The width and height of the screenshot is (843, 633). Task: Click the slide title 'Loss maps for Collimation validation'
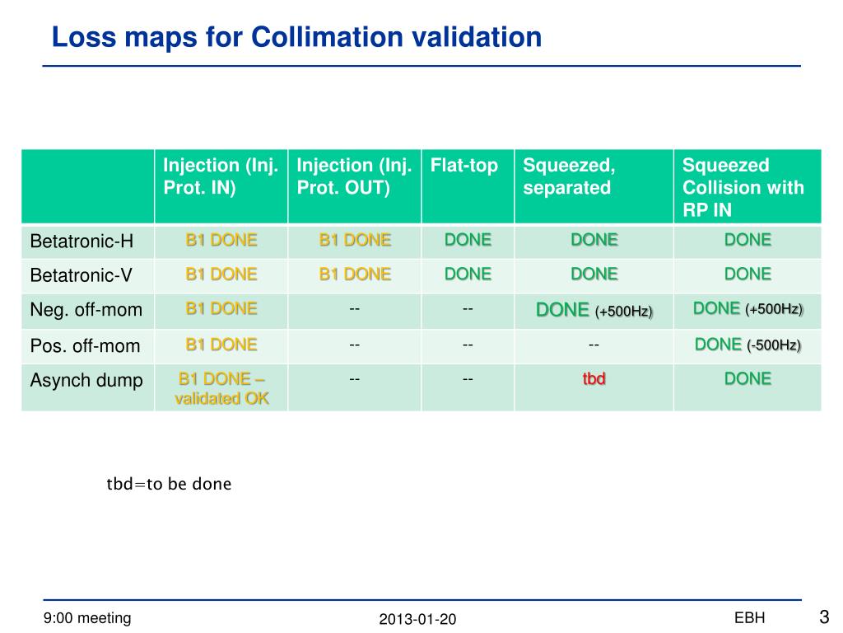(x=296, y=37)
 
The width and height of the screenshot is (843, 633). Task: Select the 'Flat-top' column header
(x=464, y=166)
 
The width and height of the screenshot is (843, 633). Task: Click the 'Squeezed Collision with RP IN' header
(x=743, y=187)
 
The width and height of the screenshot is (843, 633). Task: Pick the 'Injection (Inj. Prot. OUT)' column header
(x=354, y=176)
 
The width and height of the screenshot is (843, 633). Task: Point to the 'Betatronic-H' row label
(x=82, y=241)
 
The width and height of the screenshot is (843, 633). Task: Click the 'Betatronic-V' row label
(x=82, y=275)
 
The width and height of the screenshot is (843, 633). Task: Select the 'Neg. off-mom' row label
(x=86, y=310)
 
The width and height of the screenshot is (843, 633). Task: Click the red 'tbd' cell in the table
(x=594, y=379)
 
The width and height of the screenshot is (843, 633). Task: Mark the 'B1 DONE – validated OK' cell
(x=221, y=388)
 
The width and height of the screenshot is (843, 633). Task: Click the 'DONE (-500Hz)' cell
(x=748, y=345)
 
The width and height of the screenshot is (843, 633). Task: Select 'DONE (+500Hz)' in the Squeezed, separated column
(x=594, y=311)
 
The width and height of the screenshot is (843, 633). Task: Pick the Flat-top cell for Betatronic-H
(x=468, y=240)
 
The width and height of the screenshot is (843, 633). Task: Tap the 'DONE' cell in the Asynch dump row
(x=748, y=379)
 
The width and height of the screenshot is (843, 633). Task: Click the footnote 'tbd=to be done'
(x=169, y=484)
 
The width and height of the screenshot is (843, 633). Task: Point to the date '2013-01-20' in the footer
(x=417, y=619)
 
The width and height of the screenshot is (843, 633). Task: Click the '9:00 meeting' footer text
(x=87, y=618)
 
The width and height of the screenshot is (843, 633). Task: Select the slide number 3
(x=823, y=617)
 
